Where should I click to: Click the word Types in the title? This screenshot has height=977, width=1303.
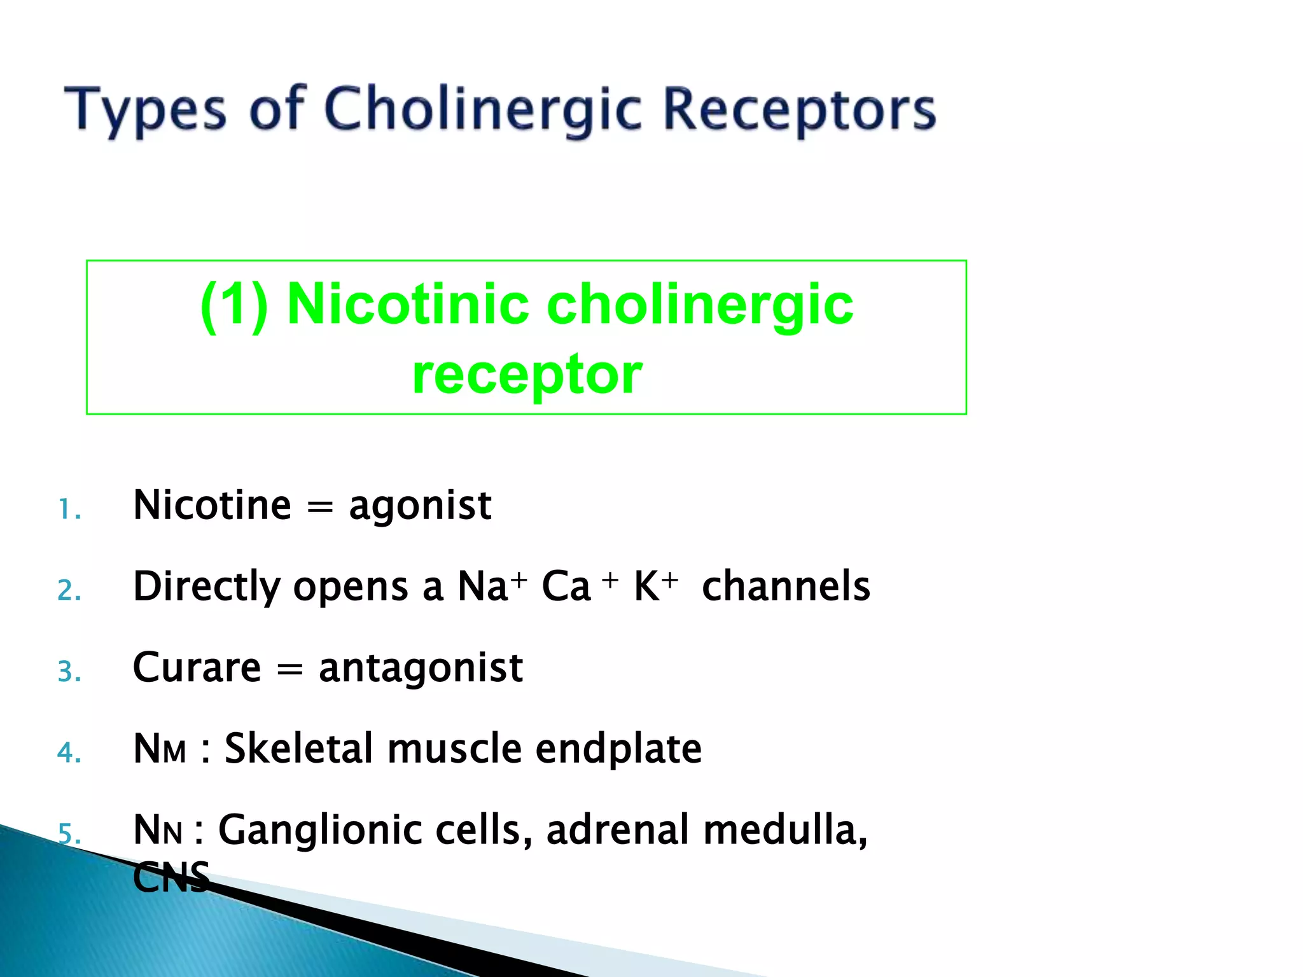145,109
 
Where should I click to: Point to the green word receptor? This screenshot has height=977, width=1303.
527,374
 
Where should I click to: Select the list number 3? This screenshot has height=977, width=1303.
69,672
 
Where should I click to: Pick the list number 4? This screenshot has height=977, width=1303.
69,753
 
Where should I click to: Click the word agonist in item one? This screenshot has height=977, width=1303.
420,506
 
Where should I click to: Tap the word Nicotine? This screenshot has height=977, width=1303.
212,505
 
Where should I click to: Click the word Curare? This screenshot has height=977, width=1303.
197,667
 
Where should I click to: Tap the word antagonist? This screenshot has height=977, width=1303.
421,668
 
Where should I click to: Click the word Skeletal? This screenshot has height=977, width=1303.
298,748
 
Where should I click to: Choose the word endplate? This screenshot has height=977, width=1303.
618,749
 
